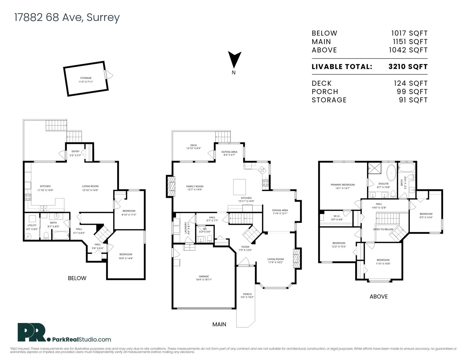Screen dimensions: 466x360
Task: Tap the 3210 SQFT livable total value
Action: (408, 67)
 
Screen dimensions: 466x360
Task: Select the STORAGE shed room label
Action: (86, 78)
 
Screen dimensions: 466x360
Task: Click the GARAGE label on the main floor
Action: (204, 276)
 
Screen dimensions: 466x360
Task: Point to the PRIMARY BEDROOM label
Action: (343, 185)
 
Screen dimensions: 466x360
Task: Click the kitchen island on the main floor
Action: (239, 187)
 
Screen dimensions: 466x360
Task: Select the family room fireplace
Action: (171, 186)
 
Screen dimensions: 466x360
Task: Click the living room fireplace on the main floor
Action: (297, 258)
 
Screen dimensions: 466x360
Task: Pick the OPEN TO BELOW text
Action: (383, 229)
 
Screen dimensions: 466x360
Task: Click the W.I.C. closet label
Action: (337, 216)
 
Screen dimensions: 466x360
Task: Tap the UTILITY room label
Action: (32, 225)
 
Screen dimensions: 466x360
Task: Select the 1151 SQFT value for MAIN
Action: (410, 42)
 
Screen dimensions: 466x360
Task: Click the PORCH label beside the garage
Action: (247, 294)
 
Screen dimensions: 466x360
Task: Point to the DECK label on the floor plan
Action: (193, 145)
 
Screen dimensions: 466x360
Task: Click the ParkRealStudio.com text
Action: (82, 339)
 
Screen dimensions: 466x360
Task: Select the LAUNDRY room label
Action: (186, 228)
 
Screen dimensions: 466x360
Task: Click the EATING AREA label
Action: (229, 152)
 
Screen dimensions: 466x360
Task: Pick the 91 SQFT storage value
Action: (413, 100)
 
